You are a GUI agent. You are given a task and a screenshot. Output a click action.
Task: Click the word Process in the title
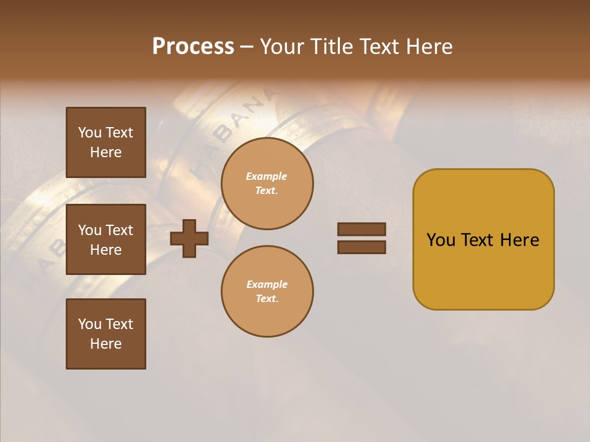coord(193,47)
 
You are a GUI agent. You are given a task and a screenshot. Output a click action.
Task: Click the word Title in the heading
coord(332,47)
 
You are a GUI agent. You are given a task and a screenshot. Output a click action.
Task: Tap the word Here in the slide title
coord(425,47)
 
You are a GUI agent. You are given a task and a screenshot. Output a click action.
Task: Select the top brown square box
coord(106,142)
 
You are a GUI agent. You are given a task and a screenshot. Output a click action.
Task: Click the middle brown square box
coord(106,239)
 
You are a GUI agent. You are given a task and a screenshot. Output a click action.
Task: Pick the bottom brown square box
coord(106,334)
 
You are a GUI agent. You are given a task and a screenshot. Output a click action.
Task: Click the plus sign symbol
coord(189,238)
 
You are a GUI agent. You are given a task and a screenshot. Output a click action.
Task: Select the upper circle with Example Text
coord(267,184)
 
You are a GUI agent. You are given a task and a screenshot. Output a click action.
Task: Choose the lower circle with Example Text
coord(267,292)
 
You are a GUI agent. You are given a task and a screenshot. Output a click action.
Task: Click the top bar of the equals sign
coord(361,230)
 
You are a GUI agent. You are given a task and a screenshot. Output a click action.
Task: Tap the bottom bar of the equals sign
coord(361,247)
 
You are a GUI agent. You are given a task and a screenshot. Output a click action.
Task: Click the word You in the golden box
coord(441,240)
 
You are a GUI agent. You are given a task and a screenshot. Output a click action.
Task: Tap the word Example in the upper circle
coord(266,177)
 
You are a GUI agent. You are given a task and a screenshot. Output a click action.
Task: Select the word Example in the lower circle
coord(266,285)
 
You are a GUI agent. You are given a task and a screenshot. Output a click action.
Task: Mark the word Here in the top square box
coord(106,152)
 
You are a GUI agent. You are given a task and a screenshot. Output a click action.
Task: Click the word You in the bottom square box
coord(90,324)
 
